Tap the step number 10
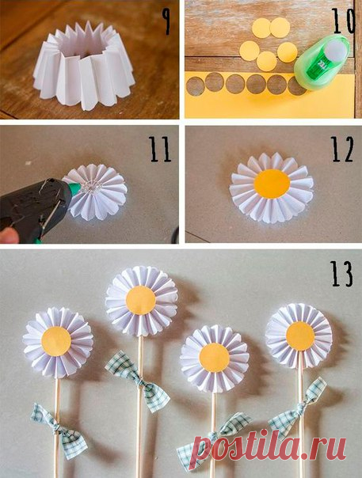coord(343,21)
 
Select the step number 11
coord(160,150)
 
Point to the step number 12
coord(342,150)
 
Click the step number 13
coord(342,274)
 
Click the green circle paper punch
coord(322,63)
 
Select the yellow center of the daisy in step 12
coord(272,184)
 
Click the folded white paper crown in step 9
coord(84,66)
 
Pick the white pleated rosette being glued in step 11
coord(96,192)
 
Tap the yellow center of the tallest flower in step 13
coord(141,300)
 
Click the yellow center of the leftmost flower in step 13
coord(56,341)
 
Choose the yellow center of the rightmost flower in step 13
coord(300,336)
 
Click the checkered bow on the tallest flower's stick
coord(137,381)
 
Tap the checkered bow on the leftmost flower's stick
coord(59,431)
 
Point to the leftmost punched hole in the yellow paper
coord(196,86)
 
